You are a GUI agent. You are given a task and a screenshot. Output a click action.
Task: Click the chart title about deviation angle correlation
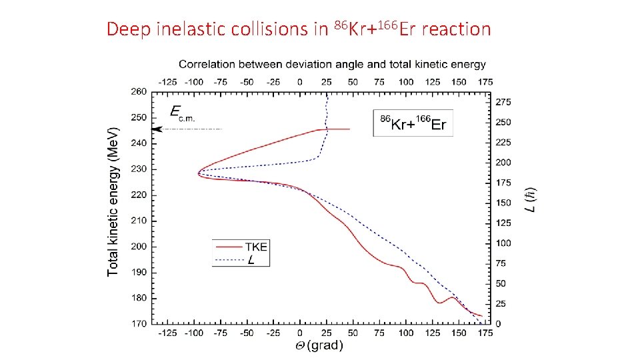pyautogui.click(x=332, y=65)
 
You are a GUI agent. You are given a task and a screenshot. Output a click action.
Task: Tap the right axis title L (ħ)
pyautogui.click(x=531, y=199)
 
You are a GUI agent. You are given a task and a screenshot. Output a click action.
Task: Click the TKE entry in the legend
pyautogui.click(x=257, y=247)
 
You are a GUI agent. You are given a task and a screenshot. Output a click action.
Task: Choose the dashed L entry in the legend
pyautogui.click(x=251, y=259)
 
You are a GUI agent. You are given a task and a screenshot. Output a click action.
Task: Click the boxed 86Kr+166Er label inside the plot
pyautogui.click(x=413, y=123)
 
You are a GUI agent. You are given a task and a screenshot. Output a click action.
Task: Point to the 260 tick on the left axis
pyautogui.click(x=139, y=91)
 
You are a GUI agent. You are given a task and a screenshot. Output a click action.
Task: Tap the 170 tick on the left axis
pyautogui.click(x=139, y=324)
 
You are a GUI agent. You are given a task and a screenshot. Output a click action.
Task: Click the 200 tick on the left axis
pyautogui.click(x=139, y=247)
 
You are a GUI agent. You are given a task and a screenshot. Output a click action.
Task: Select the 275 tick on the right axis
pyautogui.click(x=503, y=102)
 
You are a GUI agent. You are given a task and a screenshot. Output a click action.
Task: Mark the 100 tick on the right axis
pyautogui.click(x=503, y=243)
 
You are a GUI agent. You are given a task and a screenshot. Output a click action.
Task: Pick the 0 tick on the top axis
pyautogui.click(x=299, y=81)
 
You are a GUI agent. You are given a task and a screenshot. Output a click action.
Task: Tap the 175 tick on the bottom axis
pyautogui.click(x=485, y=333)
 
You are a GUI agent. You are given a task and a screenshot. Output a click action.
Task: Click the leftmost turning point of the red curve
pyautogui.click(x=198, y=173)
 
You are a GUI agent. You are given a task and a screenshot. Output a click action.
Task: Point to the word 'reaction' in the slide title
pyautogui.click(x=456, y=29)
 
